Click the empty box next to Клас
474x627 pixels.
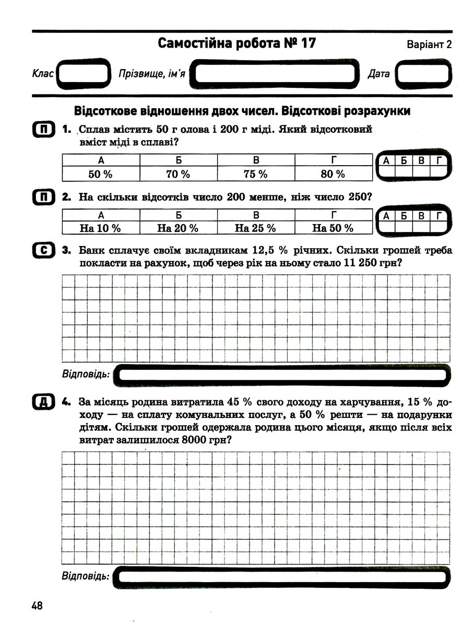[83, 74]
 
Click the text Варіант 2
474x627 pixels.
[429, 45]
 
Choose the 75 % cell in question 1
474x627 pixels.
[256, 174]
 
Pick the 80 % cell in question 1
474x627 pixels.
[333, 174]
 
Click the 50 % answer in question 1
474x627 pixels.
[101, 174]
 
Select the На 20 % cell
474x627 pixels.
[178, 228]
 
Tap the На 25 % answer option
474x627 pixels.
[256, 228]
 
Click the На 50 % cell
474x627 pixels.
[333, 228]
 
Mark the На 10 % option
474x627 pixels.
[101, 228]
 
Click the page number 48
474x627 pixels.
[37, 606]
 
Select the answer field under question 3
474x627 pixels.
[282, 375]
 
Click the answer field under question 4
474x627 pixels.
[282, 576]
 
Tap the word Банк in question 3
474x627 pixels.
[91, 251]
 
